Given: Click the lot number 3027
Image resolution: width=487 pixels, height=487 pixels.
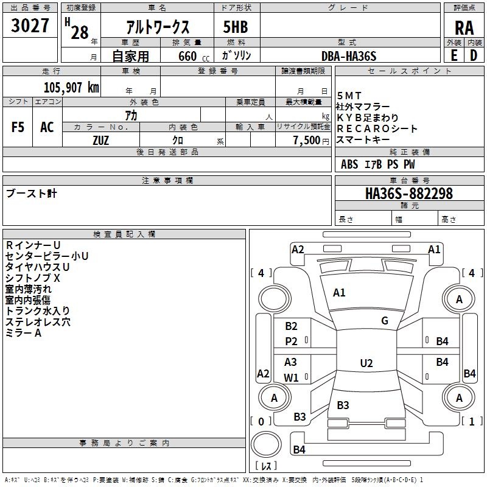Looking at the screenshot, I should pos(30,26).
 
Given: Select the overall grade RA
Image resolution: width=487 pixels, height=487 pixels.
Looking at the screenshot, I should pos(463,27).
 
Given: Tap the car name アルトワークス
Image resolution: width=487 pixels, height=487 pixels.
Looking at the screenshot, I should pos(157,27).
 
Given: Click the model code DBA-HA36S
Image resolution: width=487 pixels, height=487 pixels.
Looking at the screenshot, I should pos(349,56).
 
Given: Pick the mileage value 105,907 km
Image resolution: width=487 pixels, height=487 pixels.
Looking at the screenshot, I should pos(71,87).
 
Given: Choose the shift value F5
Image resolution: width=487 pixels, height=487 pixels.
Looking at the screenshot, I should pos(18,127).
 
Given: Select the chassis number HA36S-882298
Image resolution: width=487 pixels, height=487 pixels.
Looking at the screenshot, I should pos(408,194).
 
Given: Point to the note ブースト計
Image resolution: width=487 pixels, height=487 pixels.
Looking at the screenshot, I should pos(31,194).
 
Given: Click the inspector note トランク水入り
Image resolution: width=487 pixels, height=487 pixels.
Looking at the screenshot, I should pos(37,311).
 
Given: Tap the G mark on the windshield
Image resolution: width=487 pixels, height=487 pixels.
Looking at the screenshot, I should pos(385,321).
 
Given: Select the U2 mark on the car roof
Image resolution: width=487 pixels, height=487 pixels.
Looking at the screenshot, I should pos(366,363).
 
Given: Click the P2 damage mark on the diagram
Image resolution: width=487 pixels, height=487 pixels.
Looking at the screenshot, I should pos(292,342).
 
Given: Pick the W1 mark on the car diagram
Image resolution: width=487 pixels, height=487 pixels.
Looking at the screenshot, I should pos(292,377).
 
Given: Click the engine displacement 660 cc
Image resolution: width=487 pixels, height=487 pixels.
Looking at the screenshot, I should pos(192,56).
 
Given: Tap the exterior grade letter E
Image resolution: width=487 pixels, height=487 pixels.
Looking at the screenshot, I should pos(454,55).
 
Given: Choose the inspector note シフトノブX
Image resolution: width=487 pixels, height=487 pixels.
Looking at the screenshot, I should pos(33,278).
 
